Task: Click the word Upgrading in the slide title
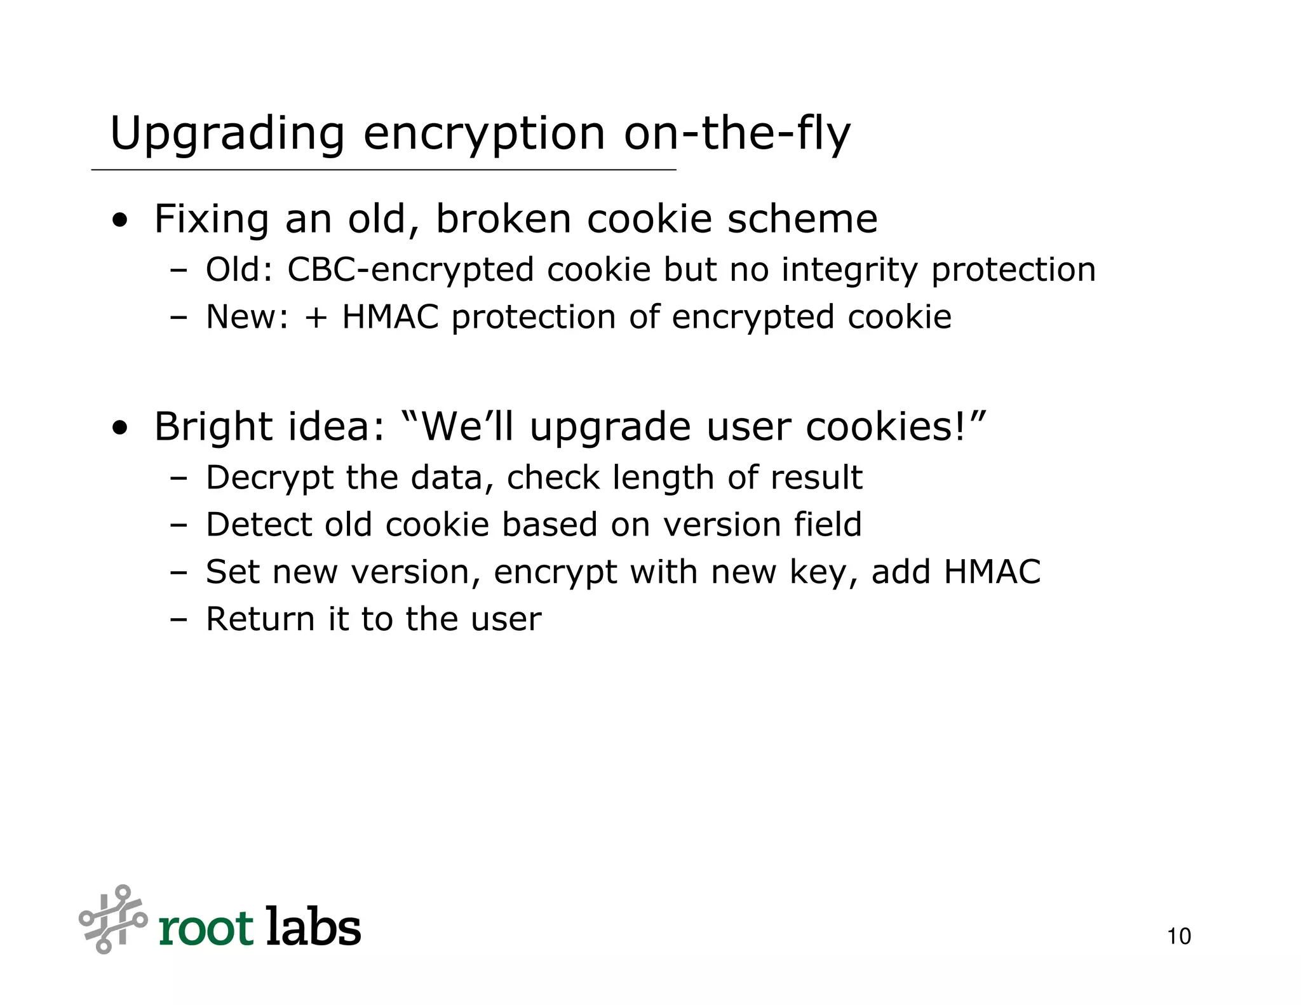[227, 135]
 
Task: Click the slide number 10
[1178, 936]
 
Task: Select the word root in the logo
[206, 929]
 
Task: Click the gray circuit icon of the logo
[112, 919]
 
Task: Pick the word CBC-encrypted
[410, 269]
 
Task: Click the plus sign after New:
[316, 318]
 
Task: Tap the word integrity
[849, 271]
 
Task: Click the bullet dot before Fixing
[119, 222]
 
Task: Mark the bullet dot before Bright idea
[119, 429]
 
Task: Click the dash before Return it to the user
[179, 620]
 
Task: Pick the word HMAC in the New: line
[390, 317]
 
